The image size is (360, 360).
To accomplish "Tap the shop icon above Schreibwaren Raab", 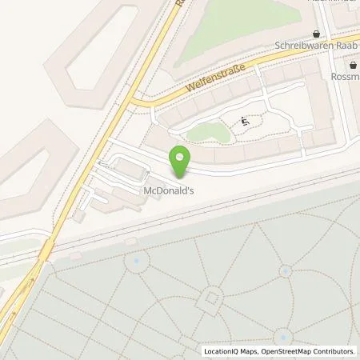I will (318, 34).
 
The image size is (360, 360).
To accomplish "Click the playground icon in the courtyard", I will (244, 122).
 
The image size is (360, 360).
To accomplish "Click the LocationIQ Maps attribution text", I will (235, 351).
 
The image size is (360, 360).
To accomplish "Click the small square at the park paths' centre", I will (212, 298).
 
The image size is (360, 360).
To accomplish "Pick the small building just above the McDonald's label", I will (129, 169).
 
